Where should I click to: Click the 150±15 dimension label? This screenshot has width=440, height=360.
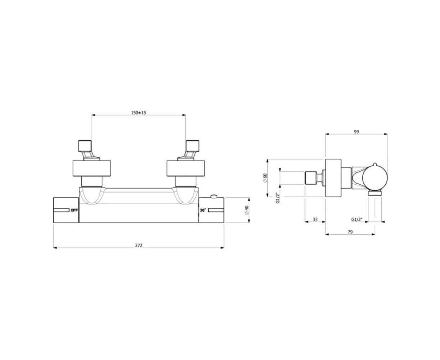click(x=138, y=113)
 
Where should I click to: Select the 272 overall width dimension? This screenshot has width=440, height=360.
click(x=139, y=246)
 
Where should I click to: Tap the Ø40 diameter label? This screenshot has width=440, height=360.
click(x=246, y=210)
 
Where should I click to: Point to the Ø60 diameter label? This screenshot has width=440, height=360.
click(x=265, y=178)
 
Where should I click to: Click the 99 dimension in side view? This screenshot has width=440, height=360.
click(x=356, y=132)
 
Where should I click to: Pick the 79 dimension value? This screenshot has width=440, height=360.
click(x=350, y=232)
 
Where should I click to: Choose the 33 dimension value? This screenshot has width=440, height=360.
click(x=315, y=220)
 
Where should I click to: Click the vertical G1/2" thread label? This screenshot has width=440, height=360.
click(x=278, y=198)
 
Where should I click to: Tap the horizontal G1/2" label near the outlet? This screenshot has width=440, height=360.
click(x=357, y=220)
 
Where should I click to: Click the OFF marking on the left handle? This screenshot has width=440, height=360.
click(x=74, y=210)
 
